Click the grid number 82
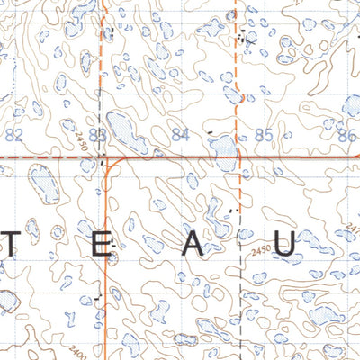pos(13,136)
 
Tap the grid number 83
pos(99,136)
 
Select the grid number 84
pos(181,136)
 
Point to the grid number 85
pos(264,136)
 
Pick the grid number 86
pos(347,136)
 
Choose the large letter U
pos(285,249)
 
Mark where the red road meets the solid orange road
pos(107,157)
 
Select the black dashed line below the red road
pos(241,270)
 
